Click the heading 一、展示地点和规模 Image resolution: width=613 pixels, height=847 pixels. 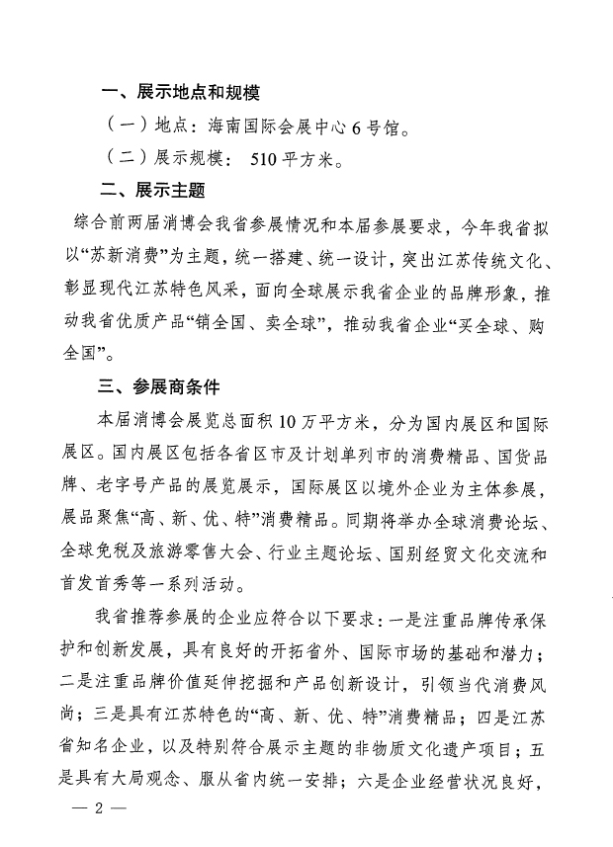(180, 94)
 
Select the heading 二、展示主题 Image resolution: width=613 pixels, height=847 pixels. (152, 189)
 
